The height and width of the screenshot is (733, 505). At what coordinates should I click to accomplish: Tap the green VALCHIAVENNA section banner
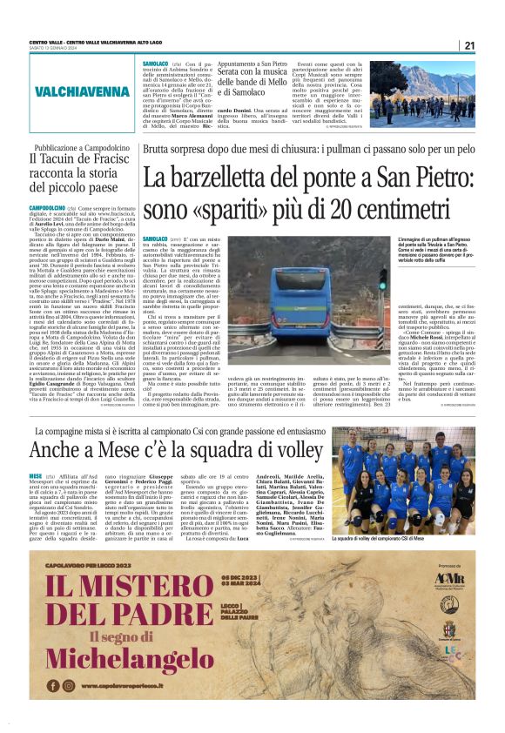pos(70,90)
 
